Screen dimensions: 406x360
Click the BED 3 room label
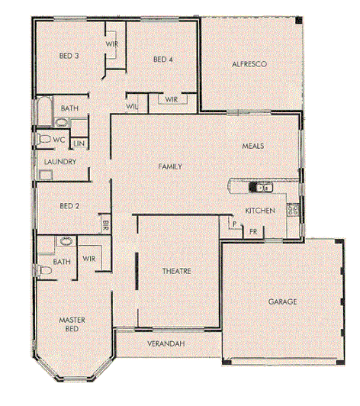[x=70, y=56]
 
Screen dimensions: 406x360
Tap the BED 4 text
[x=164, y=60]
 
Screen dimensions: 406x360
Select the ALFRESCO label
[x=249, y=65]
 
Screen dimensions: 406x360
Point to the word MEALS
[x=253, y=145]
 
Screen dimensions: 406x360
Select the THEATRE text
[x=176, y=271]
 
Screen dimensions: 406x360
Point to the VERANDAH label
[x=167, y=344]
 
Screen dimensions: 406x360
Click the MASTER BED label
[x=71, y=324]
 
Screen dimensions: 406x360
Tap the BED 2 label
[x=69, y=205]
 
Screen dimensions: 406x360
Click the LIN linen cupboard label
[x=79, y=143]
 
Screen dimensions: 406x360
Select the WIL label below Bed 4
[x=132, y=106]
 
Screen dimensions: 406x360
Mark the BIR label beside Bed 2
[x=104, y=224]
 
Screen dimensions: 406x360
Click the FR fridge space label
[x=252, y=230]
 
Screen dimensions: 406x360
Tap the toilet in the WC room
[x=43, y=139]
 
